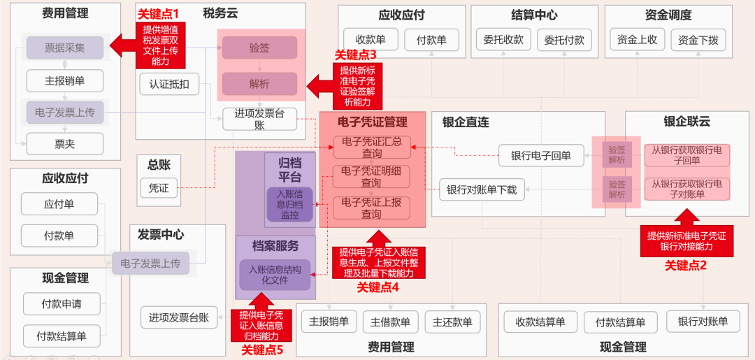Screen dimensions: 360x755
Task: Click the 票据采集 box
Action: [64, 48]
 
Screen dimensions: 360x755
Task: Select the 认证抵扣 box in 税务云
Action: [169, 84]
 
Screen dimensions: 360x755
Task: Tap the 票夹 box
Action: [64, 144]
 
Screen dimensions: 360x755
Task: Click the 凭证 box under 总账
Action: [159, 188]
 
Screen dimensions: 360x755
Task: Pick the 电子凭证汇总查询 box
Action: [371, 147]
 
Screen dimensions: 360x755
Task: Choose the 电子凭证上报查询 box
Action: [371, 208]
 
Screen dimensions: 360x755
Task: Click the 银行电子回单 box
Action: [540, 155]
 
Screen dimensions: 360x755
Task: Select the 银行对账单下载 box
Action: [482, 189]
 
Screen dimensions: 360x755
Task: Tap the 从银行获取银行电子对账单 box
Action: [686, 189]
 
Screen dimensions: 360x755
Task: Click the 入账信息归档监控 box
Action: [289, 204]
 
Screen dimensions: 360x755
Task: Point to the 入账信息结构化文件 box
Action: [274, 274]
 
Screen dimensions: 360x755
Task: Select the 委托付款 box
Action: [563, 40]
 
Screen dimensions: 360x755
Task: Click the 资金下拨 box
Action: [697, 40]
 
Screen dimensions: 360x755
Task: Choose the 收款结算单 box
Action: [540, 322]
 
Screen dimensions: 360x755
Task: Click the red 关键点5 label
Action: [261, 350]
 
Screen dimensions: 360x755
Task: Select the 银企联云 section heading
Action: [686, 122]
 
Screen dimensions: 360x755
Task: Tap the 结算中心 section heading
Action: [534, 15]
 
